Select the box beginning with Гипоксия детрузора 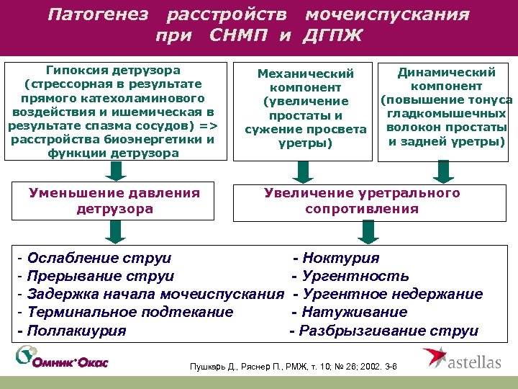(x=113, y=112)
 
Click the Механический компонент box (x=305, y=108)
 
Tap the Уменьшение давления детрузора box (x=113, y=201)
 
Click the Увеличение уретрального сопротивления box (x=361, y=201)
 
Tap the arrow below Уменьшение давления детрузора (x=113, y=231)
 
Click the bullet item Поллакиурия (x=72, y=331)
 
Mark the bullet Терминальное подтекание (x=125, y=313)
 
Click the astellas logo (x=460, y=358)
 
